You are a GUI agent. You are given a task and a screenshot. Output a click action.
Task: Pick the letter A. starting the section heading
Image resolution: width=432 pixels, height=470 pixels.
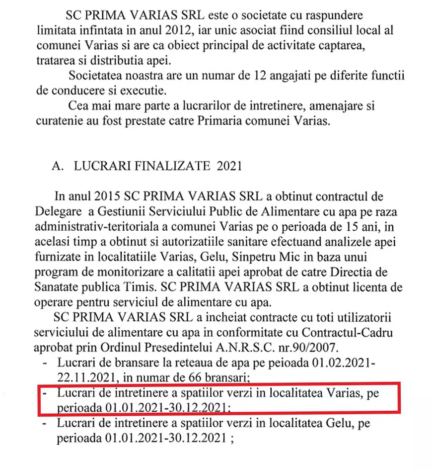pyautogui.click(x=58, y=166)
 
